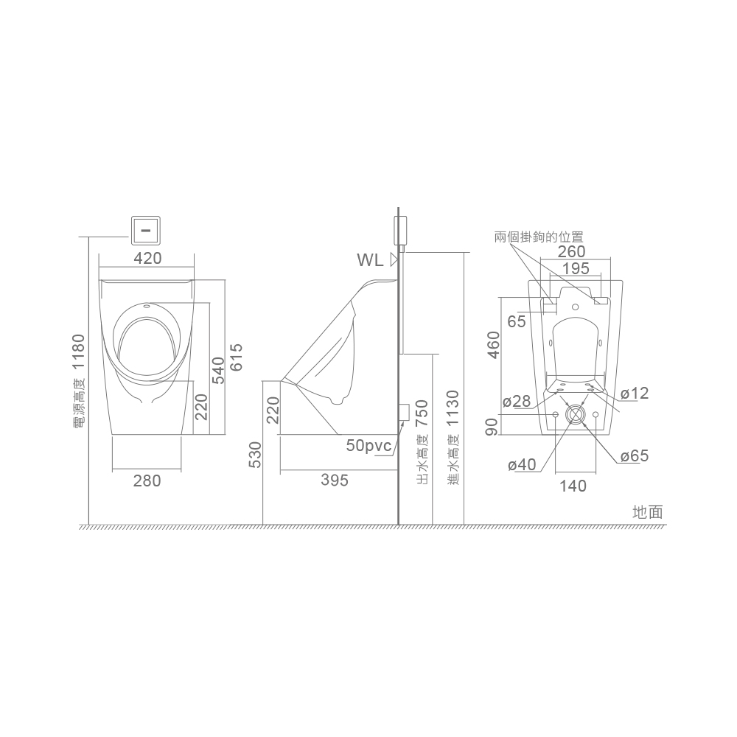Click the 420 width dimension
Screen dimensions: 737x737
pos(147,258)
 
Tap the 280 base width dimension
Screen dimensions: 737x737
pos(147,481)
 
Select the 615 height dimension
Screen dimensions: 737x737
pos(237,357)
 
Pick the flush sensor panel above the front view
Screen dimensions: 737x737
pos(146,231)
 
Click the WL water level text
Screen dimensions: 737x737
pos(371,260)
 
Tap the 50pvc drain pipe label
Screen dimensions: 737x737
pos(369,445)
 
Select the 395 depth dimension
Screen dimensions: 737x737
pos(335,480)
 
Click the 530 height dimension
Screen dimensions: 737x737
pos(255,455)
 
